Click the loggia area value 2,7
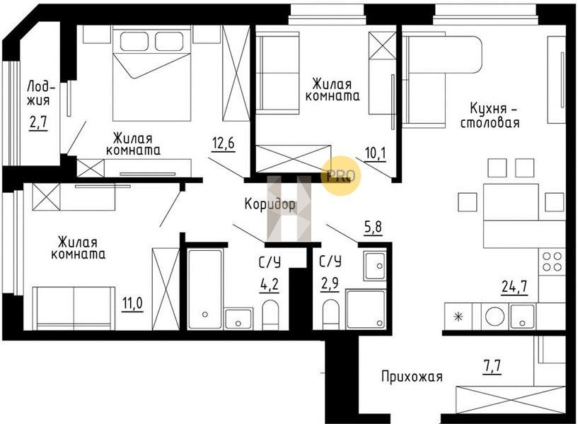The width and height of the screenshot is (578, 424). [39, 123]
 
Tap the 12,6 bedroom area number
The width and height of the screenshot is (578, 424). [223, 143]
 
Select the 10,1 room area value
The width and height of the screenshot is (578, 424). [376, 153]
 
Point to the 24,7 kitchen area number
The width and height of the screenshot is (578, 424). [514, 286]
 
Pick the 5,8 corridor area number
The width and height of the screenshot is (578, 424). [373, 228]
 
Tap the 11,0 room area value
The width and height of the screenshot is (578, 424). [133, 304]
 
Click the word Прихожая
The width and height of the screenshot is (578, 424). [412, 377]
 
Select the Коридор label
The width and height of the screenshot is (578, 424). [270, 204]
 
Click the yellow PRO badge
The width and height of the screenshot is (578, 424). [341, 175]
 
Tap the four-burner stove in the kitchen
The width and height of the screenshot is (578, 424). [552, 261]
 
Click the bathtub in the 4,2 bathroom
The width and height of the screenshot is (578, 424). [205, 289]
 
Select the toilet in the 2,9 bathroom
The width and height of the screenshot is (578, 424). [330, 314]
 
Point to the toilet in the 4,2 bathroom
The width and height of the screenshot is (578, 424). [270, 314]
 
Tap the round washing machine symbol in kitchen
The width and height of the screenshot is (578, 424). [495, 317]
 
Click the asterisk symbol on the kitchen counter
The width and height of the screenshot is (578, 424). [458, 317]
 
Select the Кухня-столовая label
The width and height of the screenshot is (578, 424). [490, 116]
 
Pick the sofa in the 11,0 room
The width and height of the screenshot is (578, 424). [74, 308]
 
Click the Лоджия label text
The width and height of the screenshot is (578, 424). [40, 93]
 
